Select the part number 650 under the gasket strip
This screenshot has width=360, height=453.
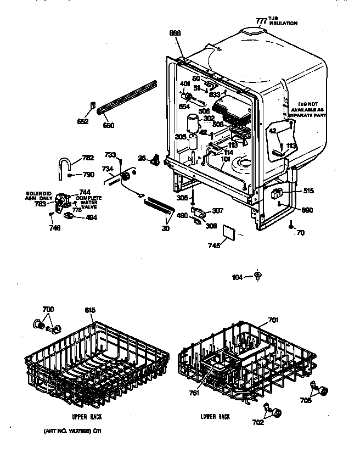109,126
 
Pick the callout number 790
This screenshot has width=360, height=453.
87,175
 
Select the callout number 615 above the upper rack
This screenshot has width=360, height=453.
90,311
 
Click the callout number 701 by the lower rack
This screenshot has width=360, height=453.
273,320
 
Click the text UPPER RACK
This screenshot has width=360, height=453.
84,417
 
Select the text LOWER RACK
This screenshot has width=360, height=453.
215,417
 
